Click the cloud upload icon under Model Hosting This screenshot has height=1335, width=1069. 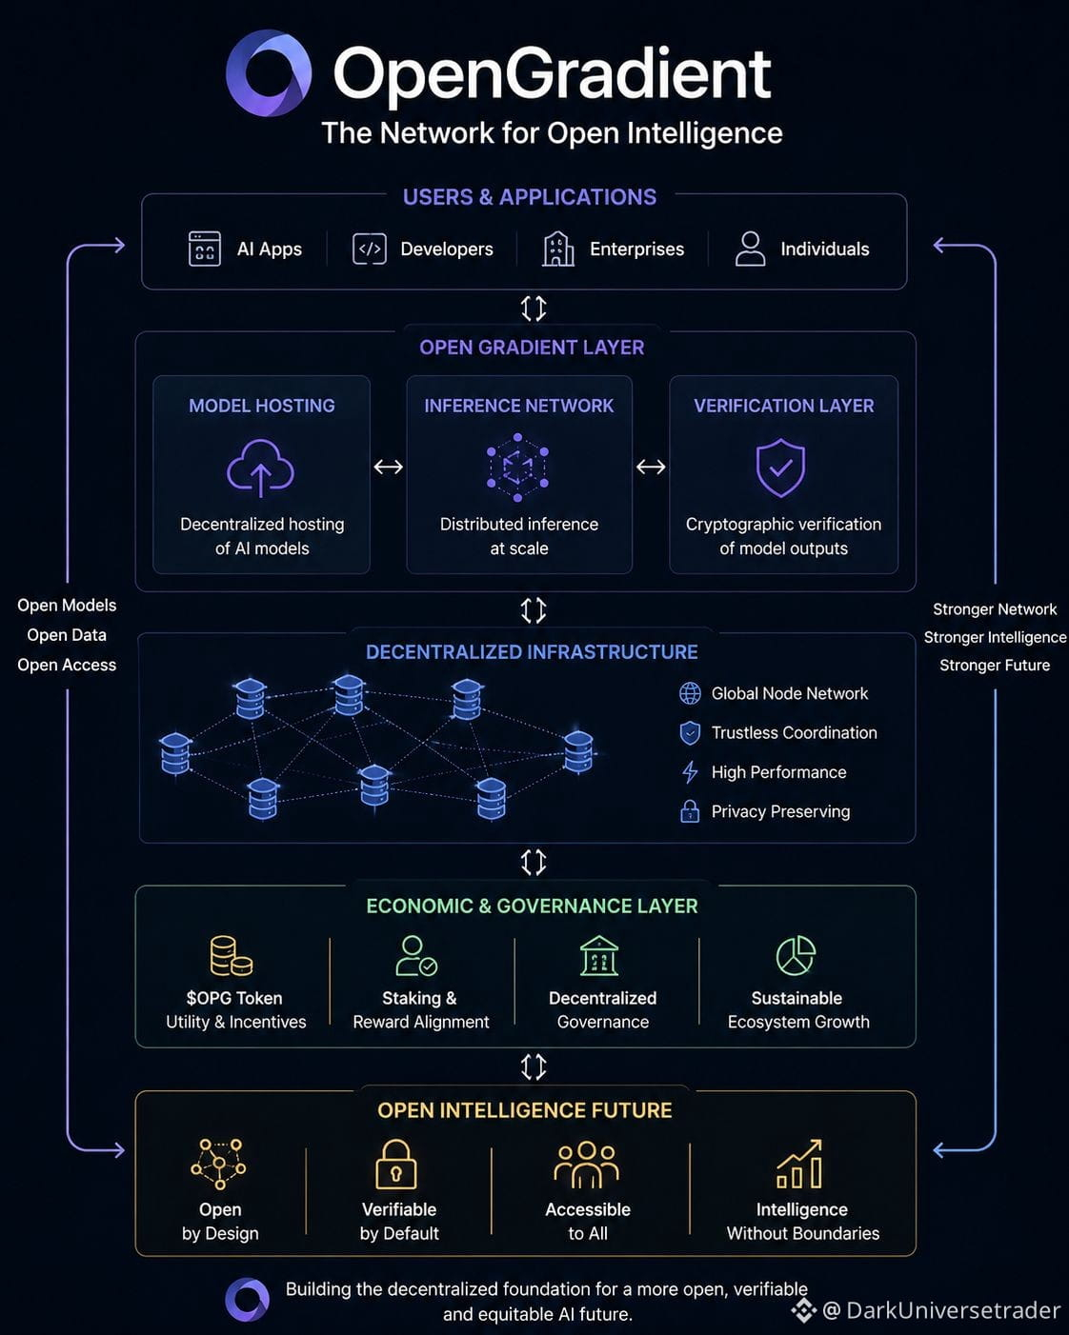[x=260, y=468]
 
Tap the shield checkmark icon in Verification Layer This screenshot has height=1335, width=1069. [x=780, y=468]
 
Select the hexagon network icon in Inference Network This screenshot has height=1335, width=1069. [x=517, y=468]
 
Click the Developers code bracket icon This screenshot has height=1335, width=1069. [x=370, y=249]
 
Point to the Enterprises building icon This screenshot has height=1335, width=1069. [x=557, y=249]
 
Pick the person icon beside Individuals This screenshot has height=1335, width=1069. [x=750, y=249]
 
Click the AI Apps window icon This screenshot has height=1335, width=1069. [x=204, y=249]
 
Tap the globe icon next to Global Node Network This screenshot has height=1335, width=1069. [x=690, y=693]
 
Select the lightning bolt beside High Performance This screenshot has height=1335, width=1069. [x=690, y=772]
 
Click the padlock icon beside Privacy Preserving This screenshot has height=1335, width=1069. [x=690, y=810]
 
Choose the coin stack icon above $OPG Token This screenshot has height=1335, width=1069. [x=231, y=955]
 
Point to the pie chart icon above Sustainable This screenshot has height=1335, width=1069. [x=796, y=955]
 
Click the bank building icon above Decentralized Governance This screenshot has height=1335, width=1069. [x=599, y=955]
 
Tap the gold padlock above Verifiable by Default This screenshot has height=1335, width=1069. [x=396, y=1164]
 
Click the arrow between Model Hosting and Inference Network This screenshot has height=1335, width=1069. [x=388, y=467]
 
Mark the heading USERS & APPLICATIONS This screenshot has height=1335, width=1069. [x=530, y=197]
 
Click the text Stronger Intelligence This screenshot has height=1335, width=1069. [x=995, y=637]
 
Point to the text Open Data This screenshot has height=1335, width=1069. [x=67, y=634]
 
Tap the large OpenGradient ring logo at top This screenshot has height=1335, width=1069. [x=268, y=72]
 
